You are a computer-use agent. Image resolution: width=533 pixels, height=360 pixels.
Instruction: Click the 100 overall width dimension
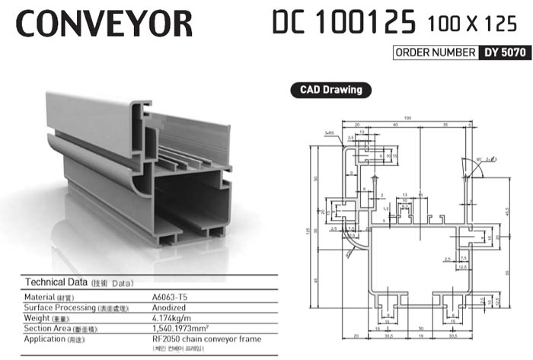[x=408, y=118]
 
